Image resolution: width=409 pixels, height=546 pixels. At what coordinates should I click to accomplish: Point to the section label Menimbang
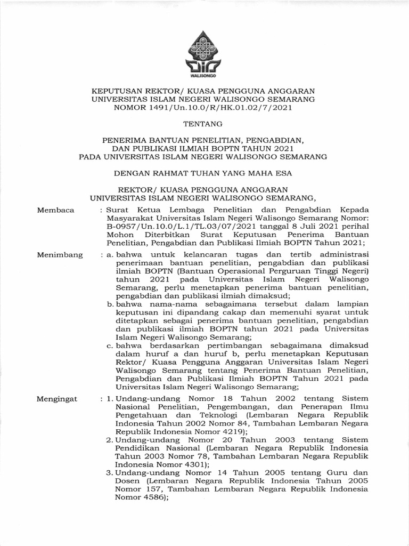tap(60, 255)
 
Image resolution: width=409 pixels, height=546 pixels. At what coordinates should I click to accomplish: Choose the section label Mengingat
tap(58, 398)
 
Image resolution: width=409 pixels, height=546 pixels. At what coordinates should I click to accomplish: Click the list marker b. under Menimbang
tap(110, 303)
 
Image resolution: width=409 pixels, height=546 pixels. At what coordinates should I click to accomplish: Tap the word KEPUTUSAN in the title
tap(117, 91)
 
